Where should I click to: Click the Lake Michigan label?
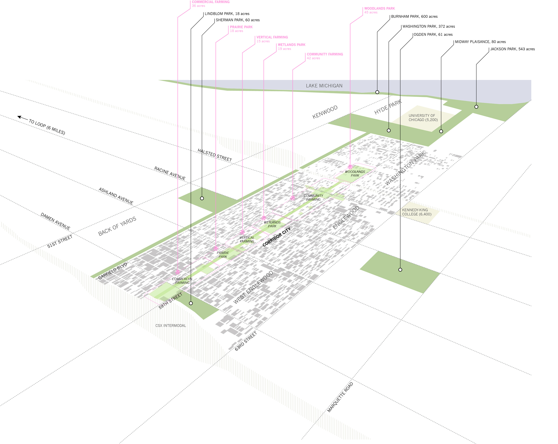coord(324,86)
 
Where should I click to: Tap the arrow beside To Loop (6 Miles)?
coord(22,118)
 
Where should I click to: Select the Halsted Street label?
coord(215,155)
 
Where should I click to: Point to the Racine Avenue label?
coord(170,173)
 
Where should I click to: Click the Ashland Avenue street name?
coord(116,196)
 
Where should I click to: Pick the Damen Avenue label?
coord(55,221)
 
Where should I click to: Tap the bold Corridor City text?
coord(276,237)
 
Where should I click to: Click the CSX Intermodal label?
coord(171,326)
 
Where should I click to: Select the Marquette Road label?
coord(340,397)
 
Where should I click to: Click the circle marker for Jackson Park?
coord(476,107)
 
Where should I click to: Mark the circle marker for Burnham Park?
coord(377,92)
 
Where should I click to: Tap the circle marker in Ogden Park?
coord(400,270)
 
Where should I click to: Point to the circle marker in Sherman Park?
coord(202,198)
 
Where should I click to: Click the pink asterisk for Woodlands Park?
coord(350,167)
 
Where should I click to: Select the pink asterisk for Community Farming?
coord(293,198)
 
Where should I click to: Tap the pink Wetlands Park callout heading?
coord(291,45)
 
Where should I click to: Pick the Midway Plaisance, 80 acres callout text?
coord(480,42)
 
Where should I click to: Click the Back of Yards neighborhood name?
coord(117,226)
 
